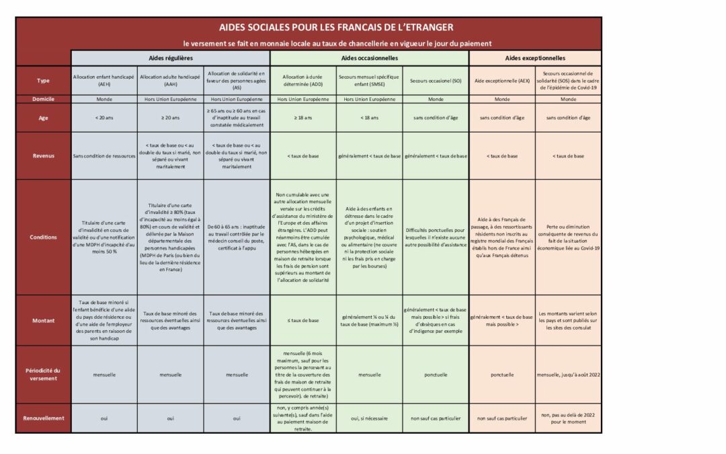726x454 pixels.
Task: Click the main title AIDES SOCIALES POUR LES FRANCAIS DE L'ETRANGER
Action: (336, 28)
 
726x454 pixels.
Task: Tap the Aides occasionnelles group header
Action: (369, 59)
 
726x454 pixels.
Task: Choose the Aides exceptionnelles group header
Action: (535, 59)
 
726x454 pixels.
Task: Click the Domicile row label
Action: (43, 98)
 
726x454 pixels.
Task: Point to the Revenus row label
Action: (43, 155)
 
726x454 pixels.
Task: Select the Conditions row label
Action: (43, 237)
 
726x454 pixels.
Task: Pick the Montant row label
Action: (43, 320)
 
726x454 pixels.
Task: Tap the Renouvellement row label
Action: (43, 418)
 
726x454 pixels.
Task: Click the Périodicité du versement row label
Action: (43, 374)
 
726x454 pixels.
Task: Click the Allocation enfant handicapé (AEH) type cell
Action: (104, 81)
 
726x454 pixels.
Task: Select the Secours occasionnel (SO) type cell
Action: (436, 81)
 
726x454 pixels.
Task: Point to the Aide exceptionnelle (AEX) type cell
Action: (502, 81)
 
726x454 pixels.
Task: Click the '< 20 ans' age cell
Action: (104, 117)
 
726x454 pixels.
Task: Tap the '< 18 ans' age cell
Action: (369, 117)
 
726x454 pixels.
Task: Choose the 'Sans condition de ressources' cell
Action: (104, 155)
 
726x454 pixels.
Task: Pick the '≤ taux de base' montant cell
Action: (302, 320)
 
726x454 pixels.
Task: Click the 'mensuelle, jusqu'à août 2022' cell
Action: (569, 374)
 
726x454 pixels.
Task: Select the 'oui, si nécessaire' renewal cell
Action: (369, 418)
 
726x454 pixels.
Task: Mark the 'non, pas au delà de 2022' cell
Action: (569, 418)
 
